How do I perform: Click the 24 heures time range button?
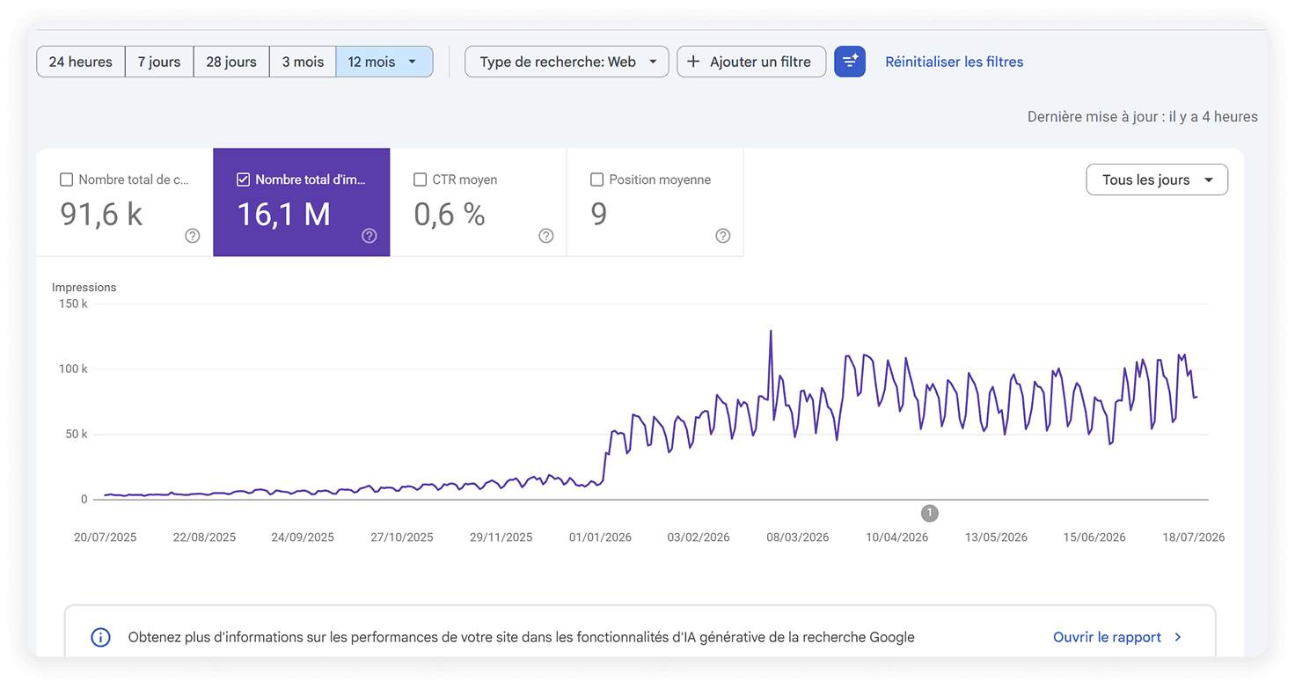[80, 62]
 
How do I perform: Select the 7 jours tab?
[159, 62]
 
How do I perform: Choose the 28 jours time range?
[231, 62]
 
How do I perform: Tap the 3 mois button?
[303, 62]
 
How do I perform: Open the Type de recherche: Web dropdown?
[567, 62]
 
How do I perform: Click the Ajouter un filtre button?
[751, 62]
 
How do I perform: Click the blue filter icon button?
[850, 62]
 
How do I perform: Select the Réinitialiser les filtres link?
[954, 62]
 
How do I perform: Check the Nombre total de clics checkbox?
[67, 179]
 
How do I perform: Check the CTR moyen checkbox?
[421, 179]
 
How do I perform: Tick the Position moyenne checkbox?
[596, 179]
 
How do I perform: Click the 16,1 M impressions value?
[284, 215]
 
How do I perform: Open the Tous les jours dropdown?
[1157, 179]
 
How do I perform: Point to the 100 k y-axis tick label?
[73, 369]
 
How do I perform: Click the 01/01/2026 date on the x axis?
[600, 537]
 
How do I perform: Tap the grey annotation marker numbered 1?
[930, 513]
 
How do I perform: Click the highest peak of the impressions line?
[771, 332]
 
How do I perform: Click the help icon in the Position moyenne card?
[722, 236]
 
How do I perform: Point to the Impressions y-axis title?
[84, 288]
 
